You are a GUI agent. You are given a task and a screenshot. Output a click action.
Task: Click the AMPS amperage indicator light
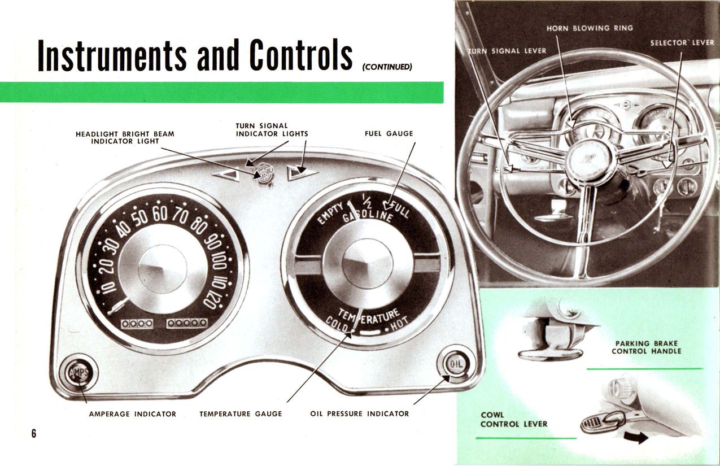pyautogui.click(x=75, y=373)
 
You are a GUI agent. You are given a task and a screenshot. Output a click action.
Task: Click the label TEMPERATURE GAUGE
pyautogui.click(x=241, y=414)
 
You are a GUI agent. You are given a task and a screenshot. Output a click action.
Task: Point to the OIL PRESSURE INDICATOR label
pyautogui.click(x=360, y=414)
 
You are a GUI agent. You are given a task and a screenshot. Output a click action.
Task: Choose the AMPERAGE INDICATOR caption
pyautogui.click(x=133, y=414)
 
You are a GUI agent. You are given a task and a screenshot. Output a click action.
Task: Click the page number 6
pyautogui.click(x=34, y=434)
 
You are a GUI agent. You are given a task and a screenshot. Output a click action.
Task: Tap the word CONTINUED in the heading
pyautogui.click(x=387, y=67)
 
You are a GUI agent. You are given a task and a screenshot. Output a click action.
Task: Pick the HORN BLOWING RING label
pyautogui.click(x=590, y=28)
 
